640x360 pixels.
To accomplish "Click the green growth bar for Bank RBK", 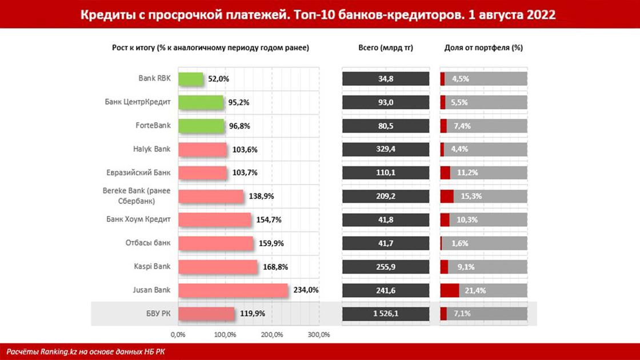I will tap(191, 79).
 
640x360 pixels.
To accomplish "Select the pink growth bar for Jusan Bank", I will tap(233, 290).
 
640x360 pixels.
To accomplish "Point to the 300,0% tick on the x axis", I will tap(319, 335).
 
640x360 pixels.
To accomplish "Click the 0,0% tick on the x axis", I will tap(178, 335).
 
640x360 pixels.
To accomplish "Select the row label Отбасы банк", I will tap(148, 243).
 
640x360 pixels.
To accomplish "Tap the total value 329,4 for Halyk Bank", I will tap(386, 150).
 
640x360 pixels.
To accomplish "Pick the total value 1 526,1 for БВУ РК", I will tap(386, 314).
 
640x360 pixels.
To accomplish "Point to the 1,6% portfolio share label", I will tap(459, 243).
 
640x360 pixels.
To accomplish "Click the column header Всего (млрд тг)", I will tap(385, 48).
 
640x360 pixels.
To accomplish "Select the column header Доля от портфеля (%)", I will tap(483, 48).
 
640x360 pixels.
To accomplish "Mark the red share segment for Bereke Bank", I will tap(447, 196).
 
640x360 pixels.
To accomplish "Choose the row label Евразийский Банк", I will tap(138, 173).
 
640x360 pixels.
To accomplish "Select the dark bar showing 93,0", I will tap(386, 102).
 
